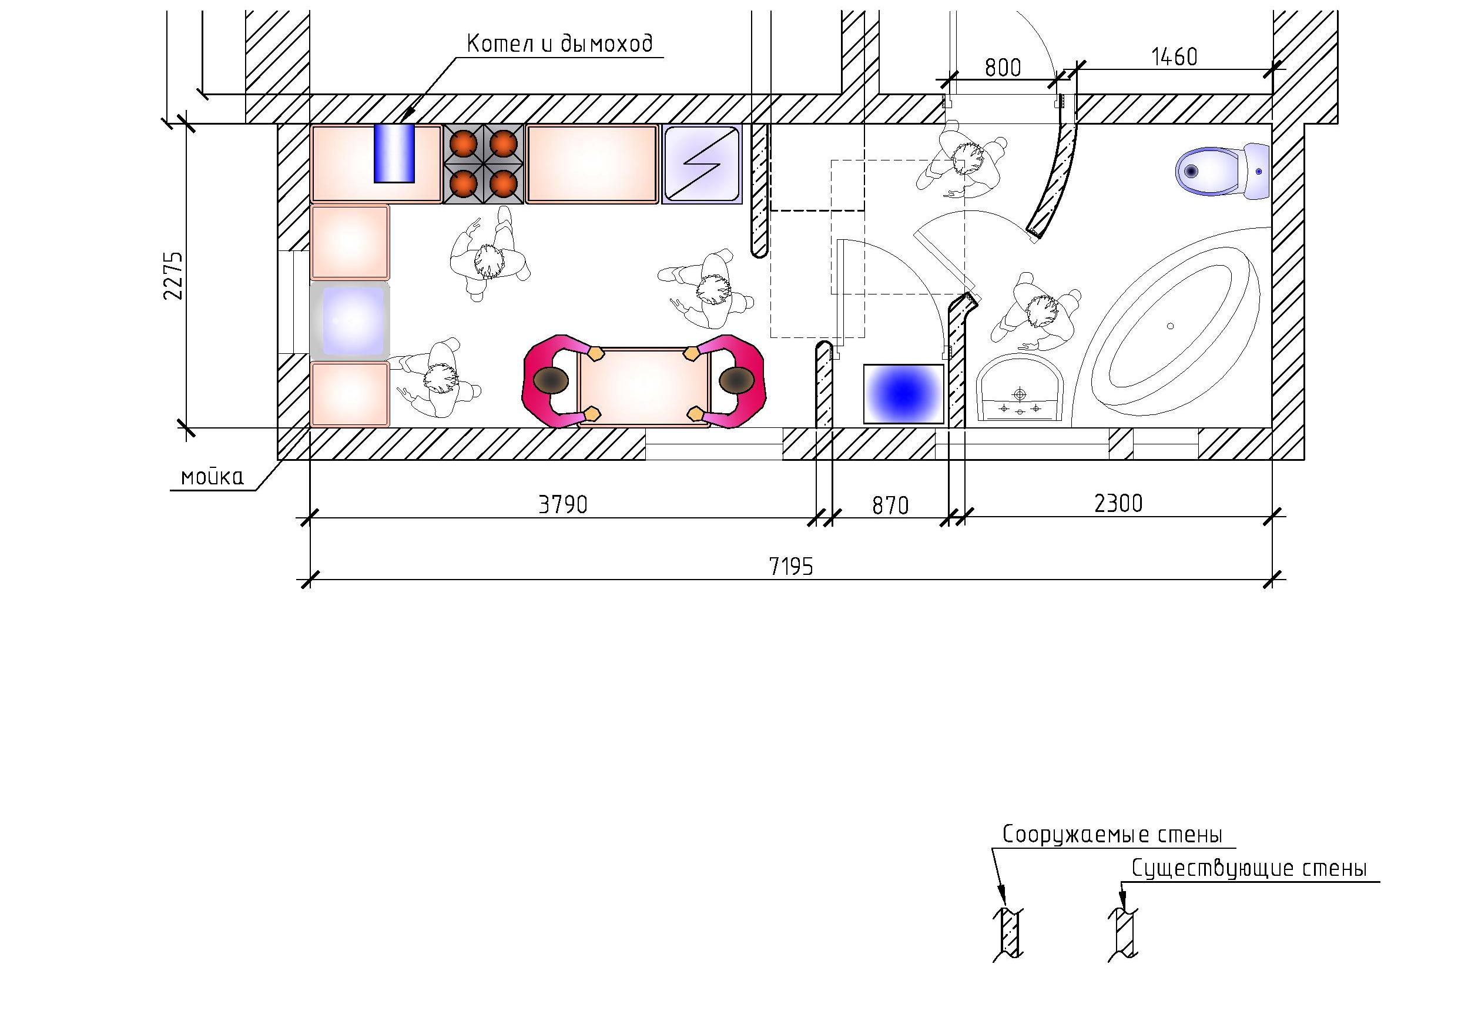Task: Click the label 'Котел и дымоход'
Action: click(559, 45)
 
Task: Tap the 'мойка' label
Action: click(212, 477)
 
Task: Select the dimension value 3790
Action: click(562, 505)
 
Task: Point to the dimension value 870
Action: click(890, 506)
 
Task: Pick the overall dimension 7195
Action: click(790, 567)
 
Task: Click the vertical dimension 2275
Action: click(173, 276)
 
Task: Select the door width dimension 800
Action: click(1003, 68)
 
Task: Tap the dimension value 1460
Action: click(1174, 58)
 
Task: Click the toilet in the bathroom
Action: click(1222, 172)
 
